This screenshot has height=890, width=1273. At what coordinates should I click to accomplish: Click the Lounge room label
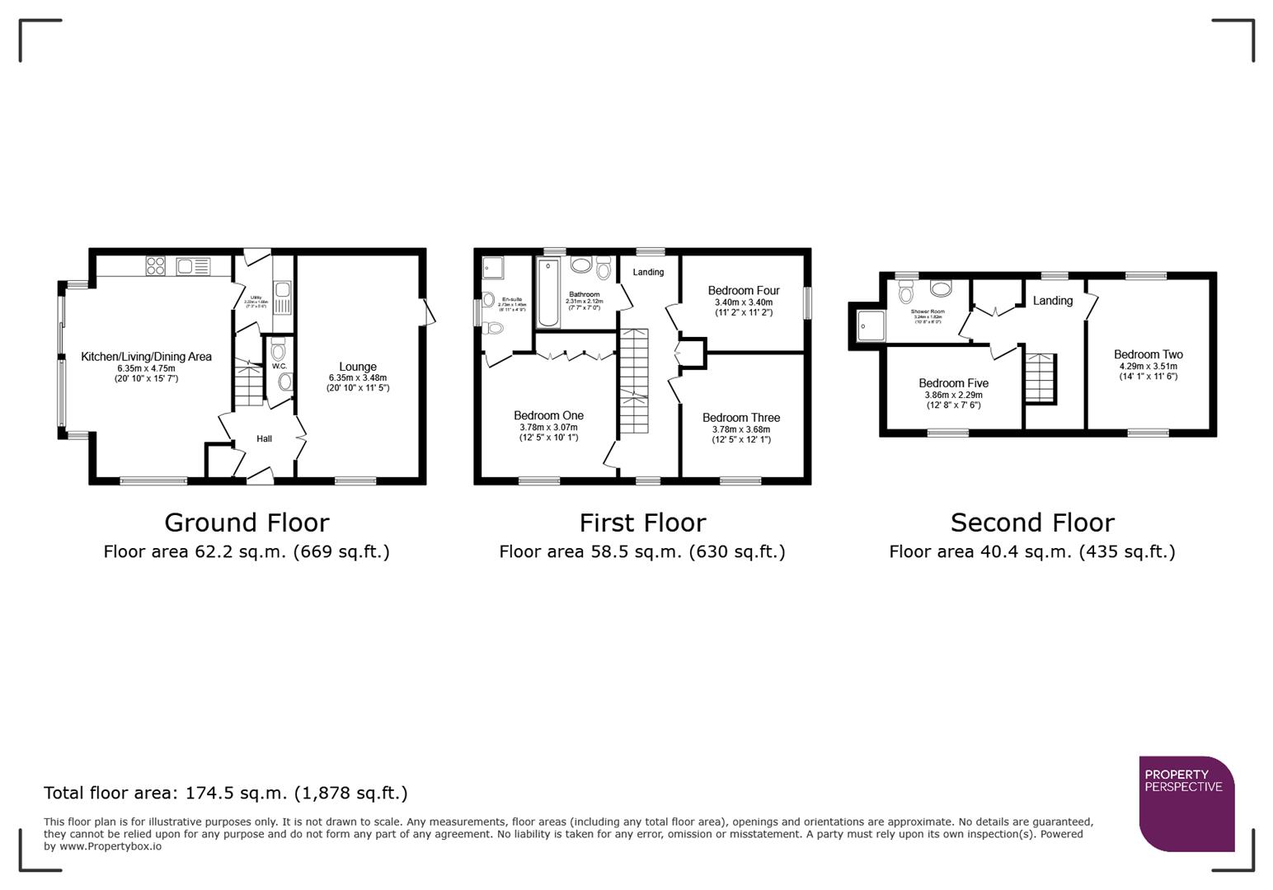click(358, 367)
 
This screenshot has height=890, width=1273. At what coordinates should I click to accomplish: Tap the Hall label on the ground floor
click(264, 439)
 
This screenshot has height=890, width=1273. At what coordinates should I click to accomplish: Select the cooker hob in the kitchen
click(155, 265)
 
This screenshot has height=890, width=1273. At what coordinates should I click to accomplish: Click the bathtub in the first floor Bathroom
click(547, 293)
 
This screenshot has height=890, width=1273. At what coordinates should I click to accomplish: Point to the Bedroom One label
click(548, 416)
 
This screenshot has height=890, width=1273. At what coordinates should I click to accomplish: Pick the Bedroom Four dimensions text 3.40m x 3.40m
click(743, 302)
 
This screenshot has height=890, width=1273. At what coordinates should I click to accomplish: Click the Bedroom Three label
click(740, 418)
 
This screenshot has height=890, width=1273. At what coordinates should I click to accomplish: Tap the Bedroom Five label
click(953, 383)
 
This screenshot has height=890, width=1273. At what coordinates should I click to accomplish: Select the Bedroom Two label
click(1148, 354)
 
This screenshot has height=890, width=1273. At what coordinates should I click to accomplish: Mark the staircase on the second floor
click(1040, 378)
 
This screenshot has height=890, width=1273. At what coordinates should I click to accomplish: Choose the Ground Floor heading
click(247, 522)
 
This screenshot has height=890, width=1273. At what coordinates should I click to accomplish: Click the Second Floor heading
click(1032, 522)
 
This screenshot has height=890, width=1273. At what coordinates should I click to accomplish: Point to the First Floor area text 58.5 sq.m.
click(641, 552)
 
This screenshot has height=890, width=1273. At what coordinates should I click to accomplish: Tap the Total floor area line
click(225, 793)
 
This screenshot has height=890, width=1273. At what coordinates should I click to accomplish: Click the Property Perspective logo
click(1186, 803)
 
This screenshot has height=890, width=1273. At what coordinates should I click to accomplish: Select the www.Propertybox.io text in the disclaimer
click(110, 846)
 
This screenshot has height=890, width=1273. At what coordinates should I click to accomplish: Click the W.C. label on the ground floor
click(279, 366)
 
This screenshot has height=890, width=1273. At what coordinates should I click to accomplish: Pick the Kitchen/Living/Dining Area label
click(146, 357)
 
